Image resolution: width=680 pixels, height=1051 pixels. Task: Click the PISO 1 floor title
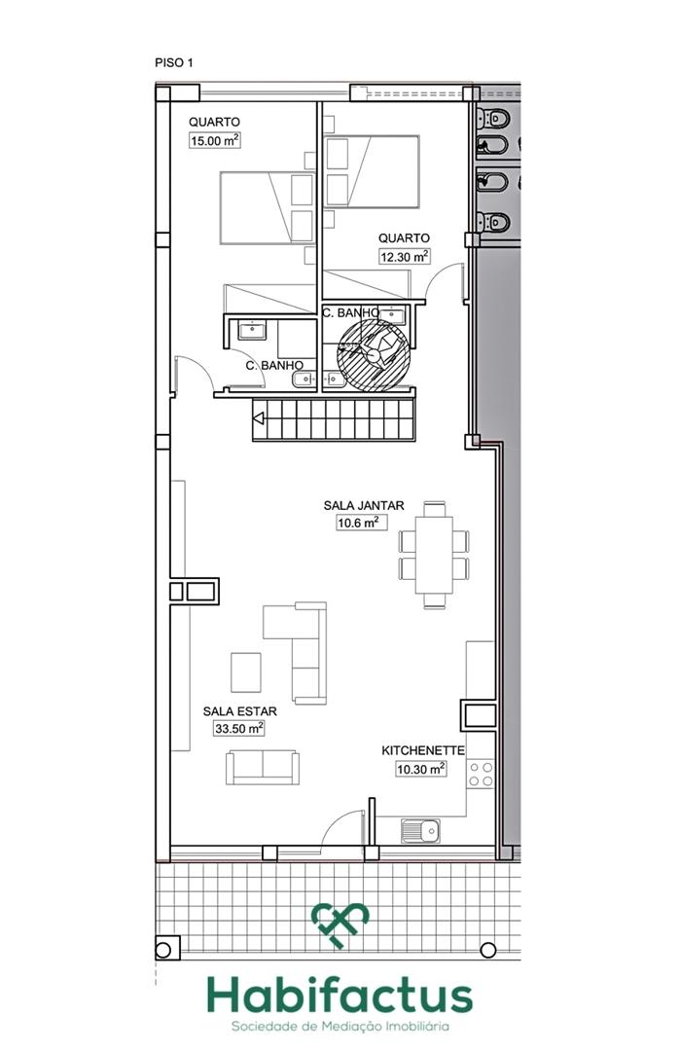point(174,62)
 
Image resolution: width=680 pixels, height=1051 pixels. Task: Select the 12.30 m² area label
point(404,257)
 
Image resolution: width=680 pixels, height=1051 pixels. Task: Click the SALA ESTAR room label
point(233,710)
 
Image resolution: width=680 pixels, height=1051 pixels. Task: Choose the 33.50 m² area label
point(238,728)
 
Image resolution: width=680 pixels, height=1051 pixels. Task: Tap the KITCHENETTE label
point(423,750)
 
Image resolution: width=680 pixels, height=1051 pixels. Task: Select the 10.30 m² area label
point(420,769)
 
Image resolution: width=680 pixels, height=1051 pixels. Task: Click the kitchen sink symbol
point(420,831)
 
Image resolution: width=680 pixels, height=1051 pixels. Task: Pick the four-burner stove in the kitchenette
point(480,775)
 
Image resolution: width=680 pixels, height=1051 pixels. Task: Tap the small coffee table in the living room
point(245,671)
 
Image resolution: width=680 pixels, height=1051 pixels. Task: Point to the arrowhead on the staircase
point(259,419)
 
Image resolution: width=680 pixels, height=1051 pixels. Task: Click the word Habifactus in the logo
point(339,997)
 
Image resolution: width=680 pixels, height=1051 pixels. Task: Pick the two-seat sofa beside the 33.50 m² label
point(263,767)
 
